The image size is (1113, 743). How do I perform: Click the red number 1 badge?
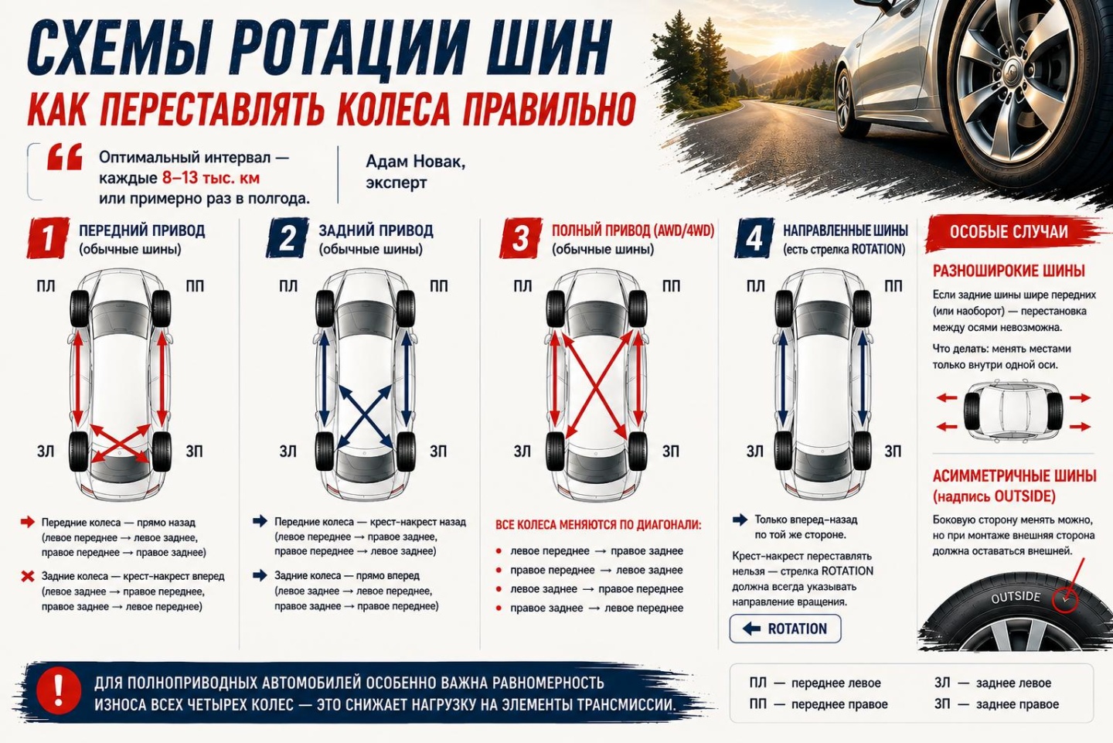48,237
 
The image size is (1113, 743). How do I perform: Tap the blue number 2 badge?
288,237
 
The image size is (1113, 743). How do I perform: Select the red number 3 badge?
520,237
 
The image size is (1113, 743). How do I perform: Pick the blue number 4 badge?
754,237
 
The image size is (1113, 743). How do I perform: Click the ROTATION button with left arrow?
785,629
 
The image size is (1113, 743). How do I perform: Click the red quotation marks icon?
65,157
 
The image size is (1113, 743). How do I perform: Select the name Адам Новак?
415,162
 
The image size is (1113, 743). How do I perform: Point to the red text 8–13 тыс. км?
211,178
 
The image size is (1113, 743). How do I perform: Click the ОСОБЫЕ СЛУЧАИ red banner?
1009,232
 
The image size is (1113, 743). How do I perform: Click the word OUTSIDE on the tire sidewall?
1016,597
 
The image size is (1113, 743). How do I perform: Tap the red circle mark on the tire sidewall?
1065,599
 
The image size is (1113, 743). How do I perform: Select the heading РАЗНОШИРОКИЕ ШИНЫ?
1009,271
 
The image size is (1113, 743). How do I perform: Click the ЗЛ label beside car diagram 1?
45,452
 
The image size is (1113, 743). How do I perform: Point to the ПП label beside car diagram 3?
671,286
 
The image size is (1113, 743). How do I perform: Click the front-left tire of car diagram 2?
325,308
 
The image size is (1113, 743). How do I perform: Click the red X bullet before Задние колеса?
28,577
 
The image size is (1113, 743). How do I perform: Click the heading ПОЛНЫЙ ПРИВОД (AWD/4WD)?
633,230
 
